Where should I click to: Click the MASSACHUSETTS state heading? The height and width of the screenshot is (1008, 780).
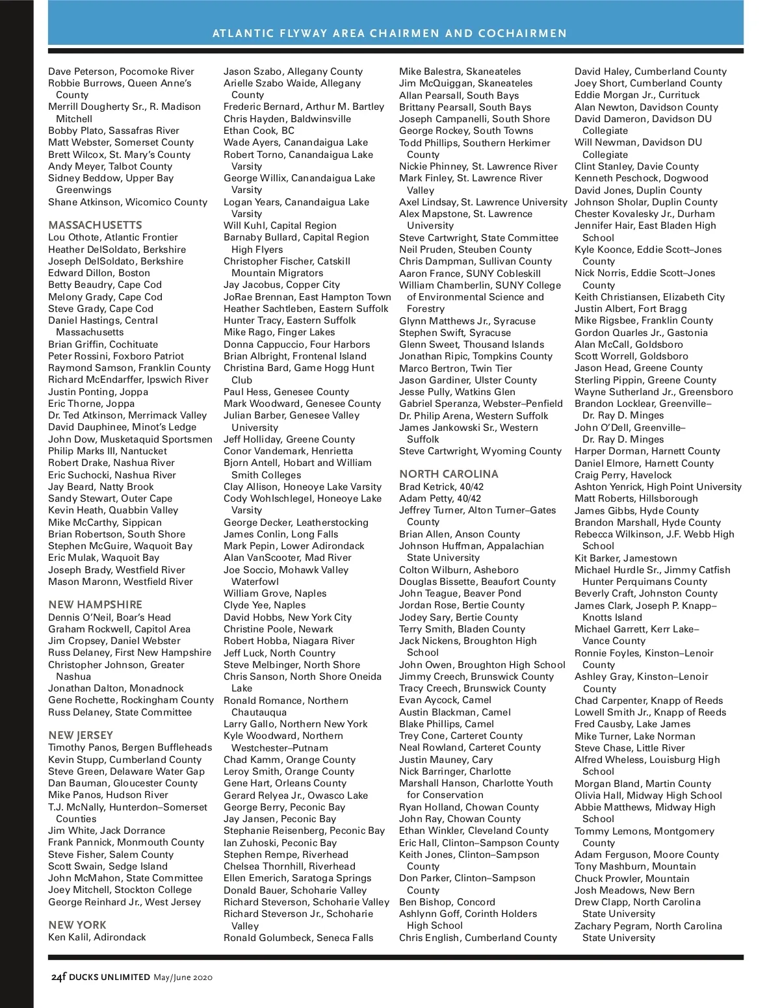click(95, 225)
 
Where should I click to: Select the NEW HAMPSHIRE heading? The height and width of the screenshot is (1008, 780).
click(95, 604)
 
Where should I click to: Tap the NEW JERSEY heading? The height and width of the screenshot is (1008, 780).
click(81, 735)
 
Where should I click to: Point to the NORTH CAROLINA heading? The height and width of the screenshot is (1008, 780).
click(448, 474)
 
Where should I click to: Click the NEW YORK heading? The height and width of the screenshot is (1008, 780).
click(77, 925)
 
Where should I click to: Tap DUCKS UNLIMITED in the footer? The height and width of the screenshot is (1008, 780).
click(109, 977)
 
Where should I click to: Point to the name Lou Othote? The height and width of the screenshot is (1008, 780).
click(73, 237)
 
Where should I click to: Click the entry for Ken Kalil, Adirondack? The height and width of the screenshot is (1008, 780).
click(97, 937)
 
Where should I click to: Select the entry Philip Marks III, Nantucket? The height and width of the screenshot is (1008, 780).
click(107, 451)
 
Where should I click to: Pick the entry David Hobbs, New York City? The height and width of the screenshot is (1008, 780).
click(287, 617)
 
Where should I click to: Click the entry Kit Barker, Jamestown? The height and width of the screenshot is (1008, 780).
click(625, 558)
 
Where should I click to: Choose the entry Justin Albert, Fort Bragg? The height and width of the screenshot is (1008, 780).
click(630, 309)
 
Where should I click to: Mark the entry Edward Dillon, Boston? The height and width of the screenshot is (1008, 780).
click(99, 273)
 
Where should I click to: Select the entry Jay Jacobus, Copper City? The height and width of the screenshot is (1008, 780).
click(281, 285)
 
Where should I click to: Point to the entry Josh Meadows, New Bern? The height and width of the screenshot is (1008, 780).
click(634, 890)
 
